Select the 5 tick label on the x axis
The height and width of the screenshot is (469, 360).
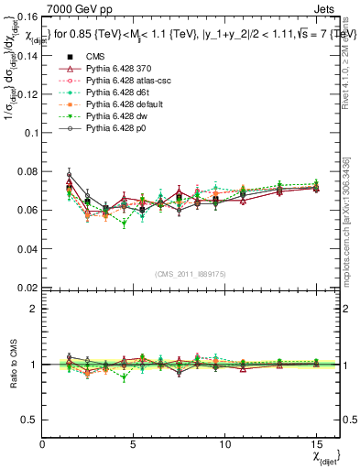click(x=134, y=442)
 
